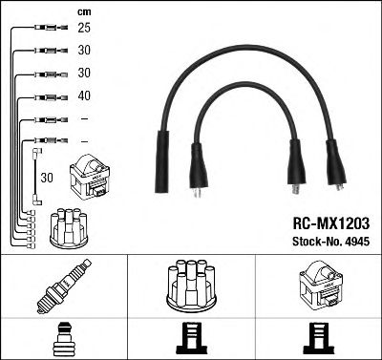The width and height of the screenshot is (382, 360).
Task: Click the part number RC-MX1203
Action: pos(331,223)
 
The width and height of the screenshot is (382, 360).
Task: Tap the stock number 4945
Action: pos(357,242)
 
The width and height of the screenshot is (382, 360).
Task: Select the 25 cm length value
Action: pos(84,28)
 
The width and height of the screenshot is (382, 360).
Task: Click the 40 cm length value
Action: pos(84,95)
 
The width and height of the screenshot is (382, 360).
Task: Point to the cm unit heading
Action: pos(84,12)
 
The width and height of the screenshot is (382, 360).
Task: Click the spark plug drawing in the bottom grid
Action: pos(64,286)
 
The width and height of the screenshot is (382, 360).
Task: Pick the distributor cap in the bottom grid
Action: pos(191,286)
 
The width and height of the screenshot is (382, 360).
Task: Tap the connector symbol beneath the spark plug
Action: pos(64,339)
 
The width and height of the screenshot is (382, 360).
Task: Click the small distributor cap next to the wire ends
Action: pos(70,228)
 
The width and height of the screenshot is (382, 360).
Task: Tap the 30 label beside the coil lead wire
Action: pos(47,178)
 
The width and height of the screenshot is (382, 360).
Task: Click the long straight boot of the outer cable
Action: pos(162,161)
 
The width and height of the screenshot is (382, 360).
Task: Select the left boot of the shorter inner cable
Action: pos(199,169)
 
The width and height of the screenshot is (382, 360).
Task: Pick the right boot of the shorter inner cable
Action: pos(296,165)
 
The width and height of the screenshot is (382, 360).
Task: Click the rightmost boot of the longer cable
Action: pos(336,165)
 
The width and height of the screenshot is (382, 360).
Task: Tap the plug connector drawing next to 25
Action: pos(52,28)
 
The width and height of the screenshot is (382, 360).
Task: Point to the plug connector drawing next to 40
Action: pos(52,97)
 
